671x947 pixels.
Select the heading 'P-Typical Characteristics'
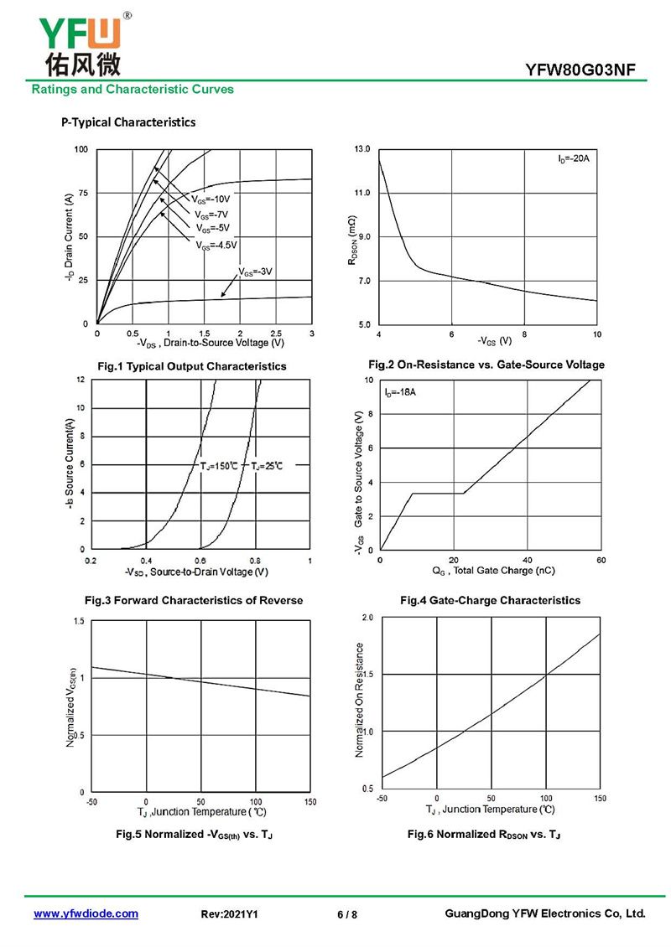tap(128, 122)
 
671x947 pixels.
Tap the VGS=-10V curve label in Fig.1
tap(210, 200)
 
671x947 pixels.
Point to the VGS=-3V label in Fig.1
tap(256, 272)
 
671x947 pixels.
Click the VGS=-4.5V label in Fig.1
tap(217, 246)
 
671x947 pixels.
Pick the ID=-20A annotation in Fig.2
tap(574, 158)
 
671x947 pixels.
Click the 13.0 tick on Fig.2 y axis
tap(362, 149)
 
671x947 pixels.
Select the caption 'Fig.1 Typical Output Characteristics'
tap(192, 366)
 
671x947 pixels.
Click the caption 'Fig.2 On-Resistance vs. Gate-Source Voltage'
tap(486, 365)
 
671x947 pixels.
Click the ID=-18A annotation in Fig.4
tap(402, 392)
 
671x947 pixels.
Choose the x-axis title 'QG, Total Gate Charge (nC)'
tap(493, 571)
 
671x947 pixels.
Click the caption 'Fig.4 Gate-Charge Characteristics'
tap(490, 600)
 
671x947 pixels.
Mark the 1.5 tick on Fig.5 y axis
tap(79, 621)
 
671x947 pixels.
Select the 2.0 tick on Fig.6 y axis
tap(367, 618)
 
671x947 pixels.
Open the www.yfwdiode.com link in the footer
tap(86, 913)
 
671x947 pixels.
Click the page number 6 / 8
tap(346, 914)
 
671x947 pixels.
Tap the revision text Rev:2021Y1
tap(230, 914)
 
